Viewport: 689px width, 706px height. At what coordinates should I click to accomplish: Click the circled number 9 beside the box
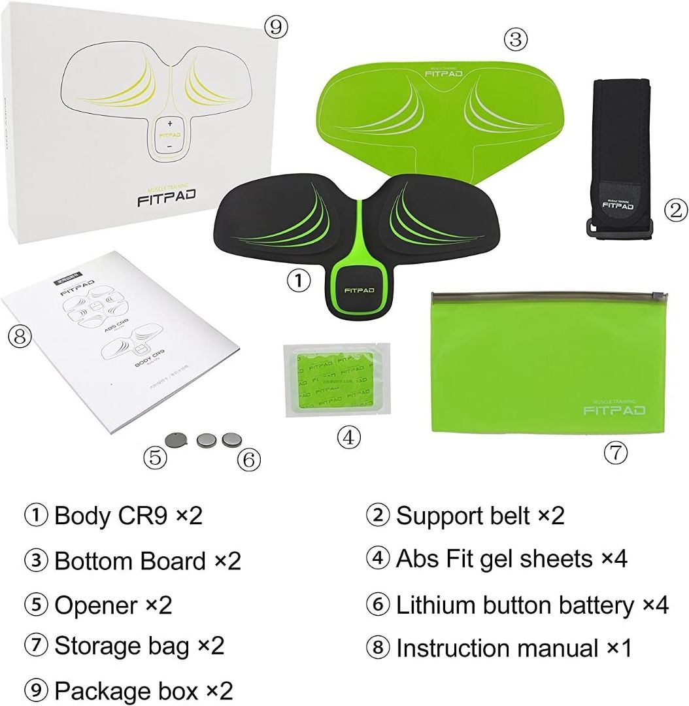[x=275, y=27]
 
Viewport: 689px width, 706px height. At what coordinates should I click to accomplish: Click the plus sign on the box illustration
[x=169, y=123]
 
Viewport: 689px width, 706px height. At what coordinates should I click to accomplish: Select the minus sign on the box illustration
[x=169, y=148]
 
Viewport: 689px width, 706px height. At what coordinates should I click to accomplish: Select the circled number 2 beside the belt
[x=676, y=209]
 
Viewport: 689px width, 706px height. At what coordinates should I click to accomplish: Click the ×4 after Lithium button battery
[x=655, y=605]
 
